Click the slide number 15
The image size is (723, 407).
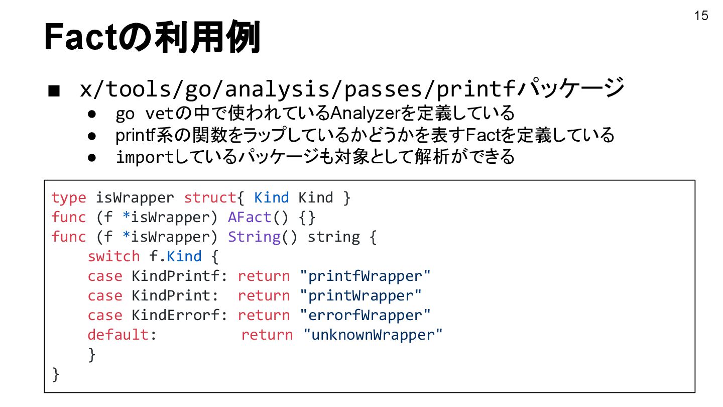point(701,16)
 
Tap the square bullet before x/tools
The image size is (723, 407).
point(55,91)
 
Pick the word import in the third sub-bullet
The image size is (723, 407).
point(144,157)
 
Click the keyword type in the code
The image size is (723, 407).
point(68,197)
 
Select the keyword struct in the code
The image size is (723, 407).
point(209,197)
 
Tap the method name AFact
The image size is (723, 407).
point(250,217)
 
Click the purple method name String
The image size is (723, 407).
point(254,237)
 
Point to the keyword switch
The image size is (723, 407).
point(113,256)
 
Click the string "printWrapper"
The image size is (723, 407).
point(360,295)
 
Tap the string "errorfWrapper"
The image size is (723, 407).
point(365,315)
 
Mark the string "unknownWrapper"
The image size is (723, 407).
point(373,335)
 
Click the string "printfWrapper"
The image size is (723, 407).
point(365,276)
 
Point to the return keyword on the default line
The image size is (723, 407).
point(267,335)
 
